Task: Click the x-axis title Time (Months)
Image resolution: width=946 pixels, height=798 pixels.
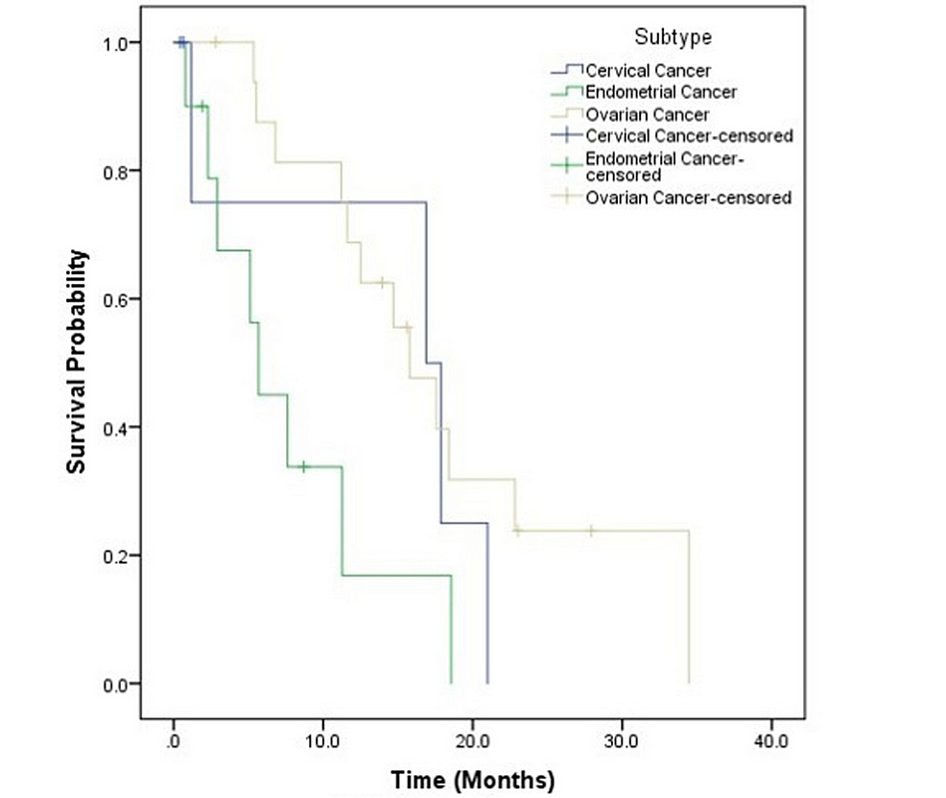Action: pyautogui.click(x=472, y=775)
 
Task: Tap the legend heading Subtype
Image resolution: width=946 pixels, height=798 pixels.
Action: pyautogui.click(x=673, y=37)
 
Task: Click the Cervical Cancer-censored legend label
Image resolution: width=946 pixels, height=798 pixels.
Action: pyautogui.click(x=688, y=136)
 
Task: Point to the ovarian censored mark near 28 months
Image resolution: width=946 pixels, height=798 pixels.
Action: pyautogui.click(x=591, y=530)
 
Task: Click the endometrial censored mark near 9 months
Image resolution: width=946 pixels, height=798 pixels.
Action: pyautogui.click(x=304, y=467)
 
